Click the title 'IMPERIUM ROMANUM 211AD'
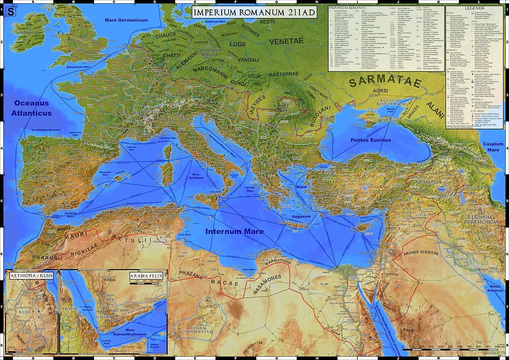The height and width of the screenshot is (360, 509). pos(255,13)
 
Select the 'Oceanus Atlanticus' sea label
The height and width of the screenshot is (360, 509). pos(33,108)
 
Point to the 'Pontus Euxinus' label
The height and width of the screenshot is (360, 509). pos(371,140)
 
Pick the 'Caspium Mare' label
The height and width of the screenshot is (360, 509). pos(493,147)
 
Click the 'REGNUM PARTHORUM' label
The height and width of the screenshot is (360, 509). pos(482,219)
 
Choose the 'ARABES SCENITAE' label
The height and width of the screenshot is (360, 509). pos(421,253)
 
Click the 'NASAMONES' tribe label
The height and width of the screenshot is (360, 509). pos(267,285)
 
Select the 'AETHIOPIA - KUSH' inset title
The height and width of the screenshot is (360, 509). pos(31,275)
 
